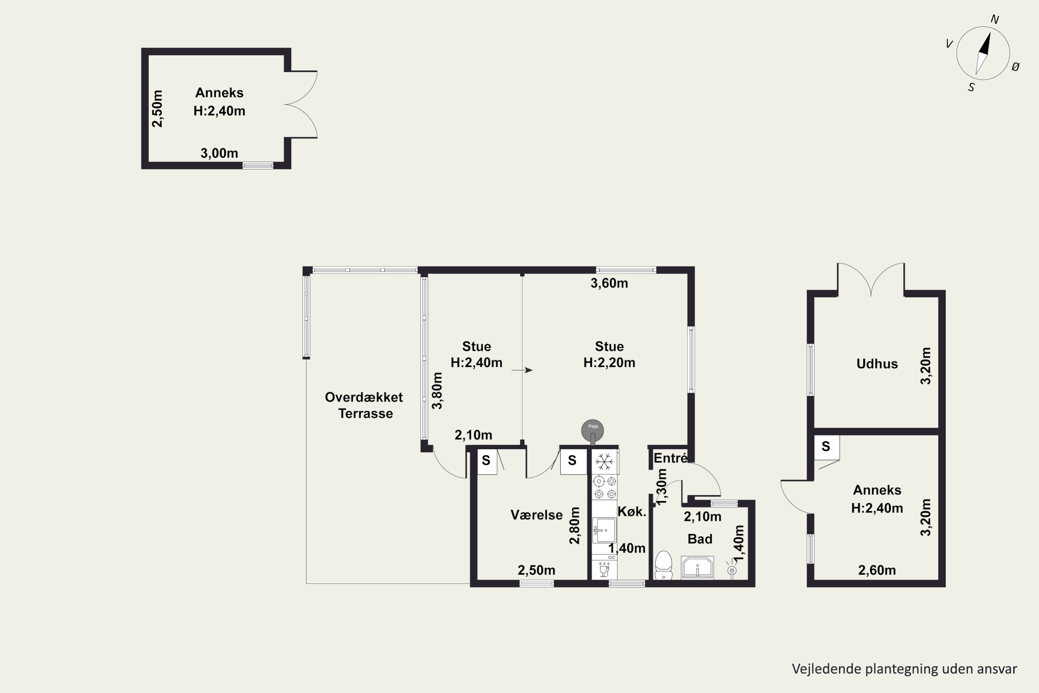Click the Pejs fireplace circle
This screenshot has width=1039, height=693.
pos(592,430)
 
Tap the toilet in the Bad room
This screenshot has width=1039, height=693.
pos(663,565)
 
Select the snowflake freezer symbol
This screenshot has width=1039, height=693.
pos(604,462)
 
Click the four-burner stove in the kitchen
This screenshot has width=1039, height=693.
pos(605,487)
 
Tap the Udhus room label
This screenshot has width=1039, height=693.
pos(877,364)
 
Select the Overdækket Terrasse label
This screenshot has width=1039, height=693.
pos(364,405)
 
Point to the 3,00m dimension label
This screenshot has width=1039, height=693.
pos(219,153)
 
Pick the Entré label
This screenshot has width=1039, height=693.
pos(670,458)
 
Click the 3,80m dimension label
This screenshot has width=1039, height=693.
pos(437,391)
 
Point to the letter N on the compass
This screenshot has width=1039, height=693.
pos(995,19)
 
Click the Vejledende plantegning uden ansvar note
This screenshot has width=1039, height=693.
pos(904,669)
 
